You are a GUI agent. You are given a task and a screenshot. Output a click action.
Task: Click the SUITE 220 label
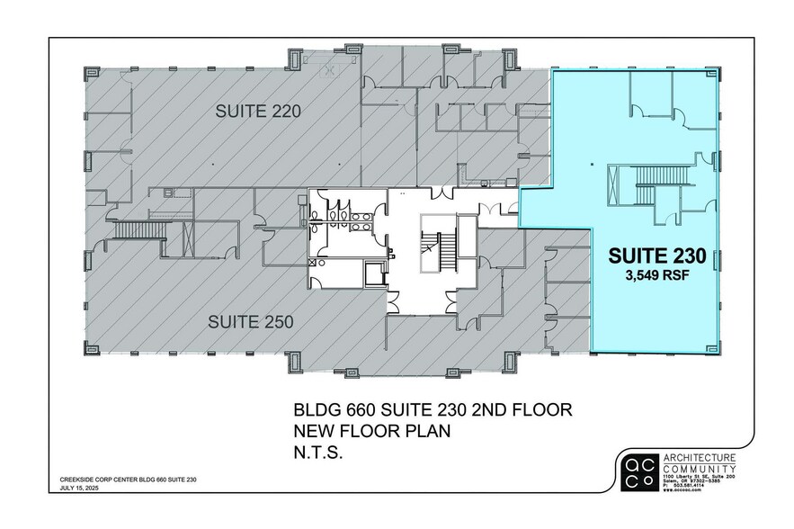click(257, 112)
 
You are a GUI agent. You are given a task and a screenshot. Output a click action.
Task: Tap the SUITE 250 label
click(253, 321)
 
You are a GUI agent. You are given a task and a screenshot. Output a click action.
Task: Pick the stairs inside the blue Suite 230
click(645, 189)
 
